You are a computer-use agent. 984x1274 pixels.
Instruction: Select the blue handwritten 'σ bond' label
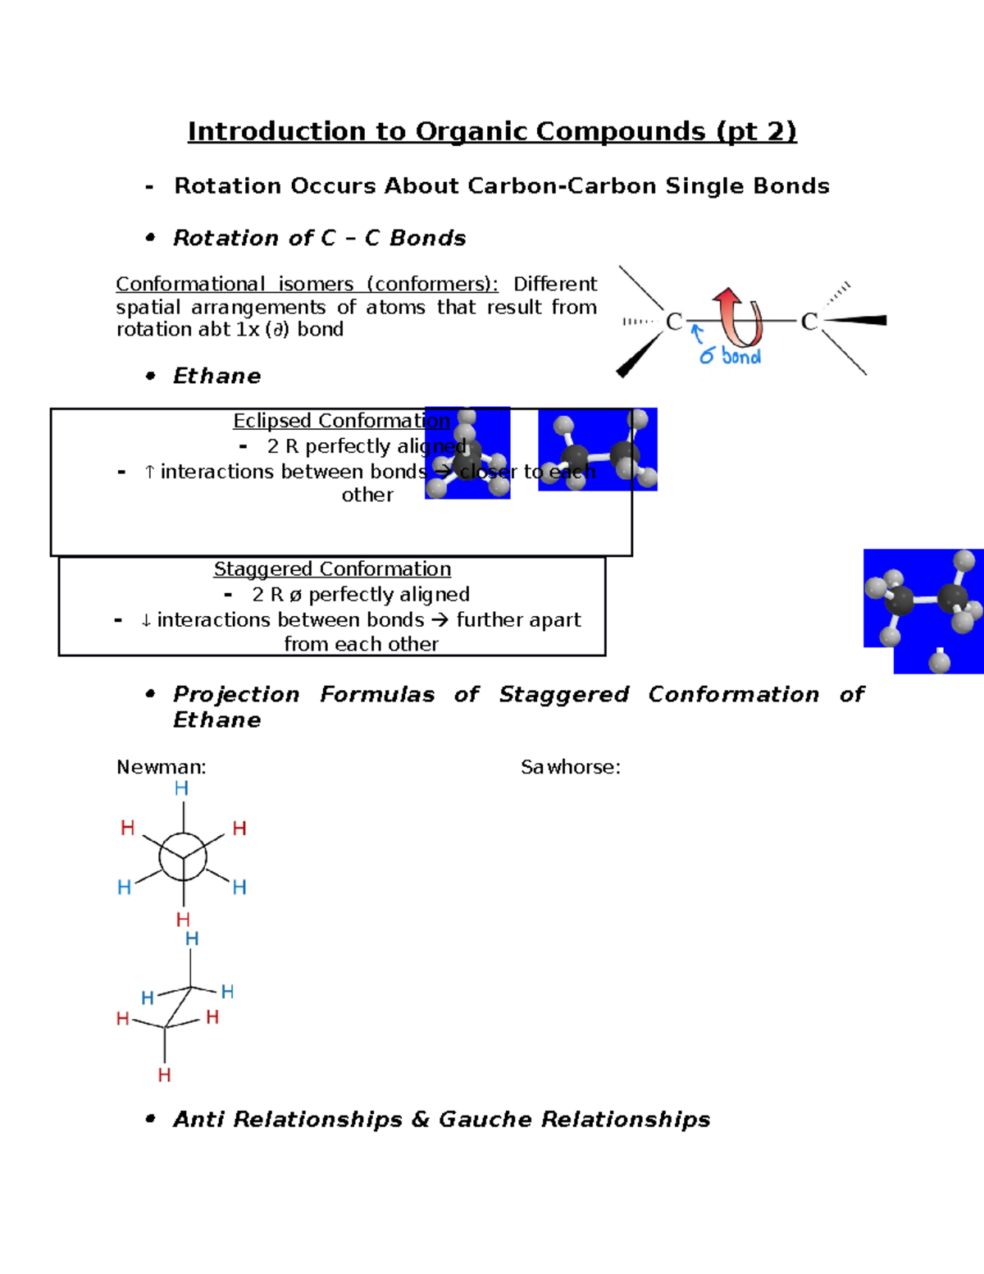pos(730,356)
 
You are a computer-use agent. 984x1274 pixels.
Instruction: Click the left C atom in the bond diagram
pos(674,322)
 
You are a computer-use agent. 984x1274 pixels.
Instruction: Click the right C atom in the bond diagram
pos(809,322)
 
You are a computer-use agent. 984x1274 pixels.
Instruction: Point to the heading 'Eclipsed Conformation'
pos(341,421)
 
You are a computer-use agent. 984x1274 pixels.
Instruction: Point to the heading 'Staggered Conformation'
pos(332,569)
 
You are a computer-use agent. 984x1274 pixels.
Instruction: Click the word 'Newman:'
pos(162,767)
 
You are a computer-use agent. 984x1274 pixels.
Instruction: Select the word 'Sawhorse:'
pos(571,767)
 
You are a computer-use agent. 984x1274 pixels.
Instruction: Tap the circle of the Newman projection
pos(183,856)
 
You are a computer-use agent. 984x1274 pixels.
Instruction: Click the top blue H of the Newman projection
pos(182,788)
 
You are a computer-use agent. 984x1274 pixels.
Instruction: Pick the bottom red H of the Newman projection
pos(183,920)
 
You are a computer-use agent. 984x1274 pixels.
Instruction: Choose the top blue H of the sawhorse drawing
pos(192,938)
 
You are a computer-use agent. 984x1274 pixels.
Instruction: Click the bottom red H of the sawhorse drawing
pos(164,1075)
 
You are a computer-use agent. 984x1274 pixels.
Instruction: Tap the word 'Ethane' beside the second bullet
pos(217,376)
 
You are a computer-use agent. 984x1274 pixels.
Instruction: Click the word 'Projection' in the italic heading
pos(236,695)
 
